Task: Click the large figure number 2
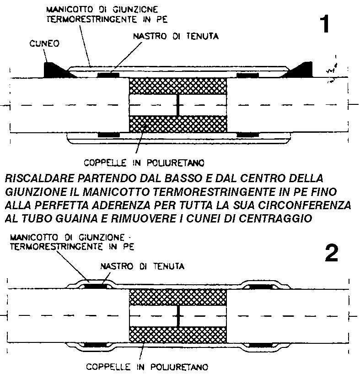pos(331,253)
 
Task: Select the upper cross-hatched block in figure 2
pos(178,298)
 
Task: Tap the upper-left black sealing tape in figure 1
pos(108,74)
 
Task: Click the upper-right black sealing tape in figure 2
pos(260,287)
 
